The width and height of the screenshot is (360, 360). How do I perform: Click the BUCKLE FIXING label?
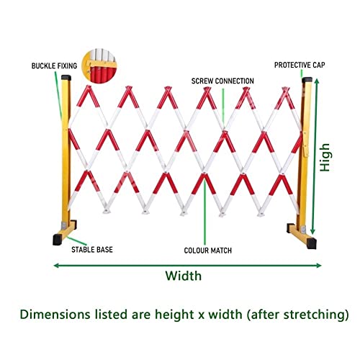[x=54, y=66]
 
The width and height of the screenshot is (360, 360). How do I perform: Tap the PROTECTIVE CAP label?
[x=300, y=65]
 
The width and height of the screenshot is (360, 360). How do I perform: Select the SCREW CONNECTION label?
[x=222, y=81]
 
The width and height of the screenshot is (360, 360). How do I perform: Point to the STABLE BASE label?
[x=92, y=250]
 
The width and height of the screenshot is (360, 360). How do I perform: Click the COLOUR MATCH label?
[x=208, y=251]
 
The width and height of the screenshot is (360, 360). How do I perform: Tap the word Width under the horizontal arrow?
[x=184, y=276]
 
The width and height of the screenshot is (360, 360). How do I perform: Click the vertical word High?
[x=325, y=158]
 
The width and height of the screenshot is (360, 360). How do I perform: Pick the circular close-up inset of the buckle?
[x=99, y=66]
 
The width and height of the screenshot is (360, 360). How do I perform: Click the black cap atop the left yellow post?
[x=66, y=78]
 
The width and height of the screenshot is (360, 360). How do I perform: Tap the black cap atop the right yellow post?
[x=307, y=80]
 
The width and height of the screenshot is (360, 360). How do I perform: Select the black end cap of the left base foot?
[x=57, y=240]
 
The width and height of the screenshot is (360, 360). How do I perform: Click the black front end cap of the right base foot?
[x=312, y=243]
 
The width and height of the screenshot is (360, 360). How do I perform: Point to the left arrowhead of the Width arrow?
[x=55, y=265]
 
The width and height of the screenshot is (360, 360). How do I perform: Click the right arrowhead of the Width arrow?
[x=319, y=265]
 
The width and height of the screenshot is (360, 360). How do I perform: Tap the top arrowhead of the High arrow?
[x=317, y=81]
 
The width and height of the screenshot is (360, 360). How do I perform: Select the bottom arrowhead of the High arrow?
[x=312, y=231]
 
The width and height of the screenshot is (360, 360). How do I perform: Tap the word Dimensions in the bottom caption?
[x=55, y=314]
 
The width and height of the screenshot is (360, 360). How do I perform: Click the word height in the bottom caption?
[x=174, y=315]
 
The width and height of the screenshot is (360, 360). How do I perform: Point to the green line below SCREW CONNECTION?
[x=223, y=106]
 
